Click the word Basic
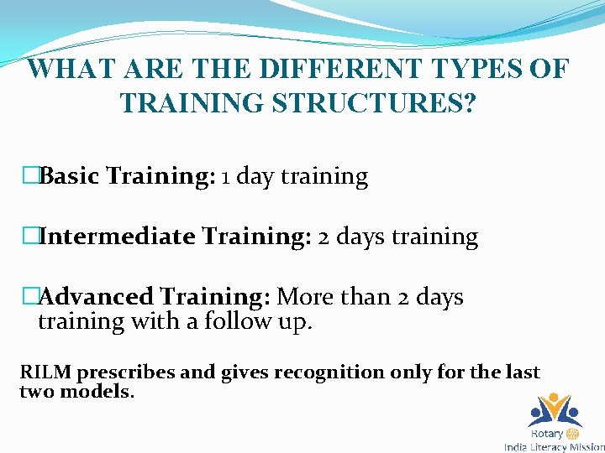pos(71,176)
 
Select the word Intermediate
pos(117,237)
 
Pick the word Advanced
pos(96,297)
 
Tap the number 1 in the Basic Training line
pos(228,177)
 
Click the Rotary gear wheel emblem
pos(573,434)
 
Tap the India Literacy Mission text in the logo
pos(554,447)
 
